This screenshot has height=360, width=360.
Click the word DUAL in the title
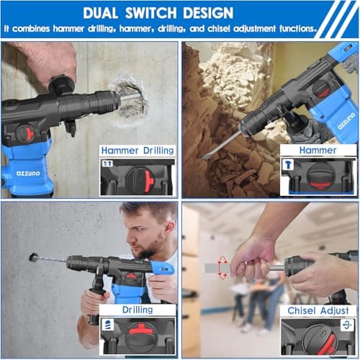pos(106,13)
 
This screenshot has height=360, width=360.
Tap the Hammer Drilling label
pos(138,150)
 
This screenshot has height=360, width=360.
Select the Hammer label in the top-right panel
pos(318,150)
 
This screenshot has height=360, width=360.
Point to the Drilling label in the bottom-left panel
pos(138,310)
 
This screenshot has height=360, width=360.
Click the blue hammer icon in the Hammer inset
pos(289,164)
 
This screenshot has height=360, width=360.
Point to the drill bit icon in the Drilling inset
pos(109,325)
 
